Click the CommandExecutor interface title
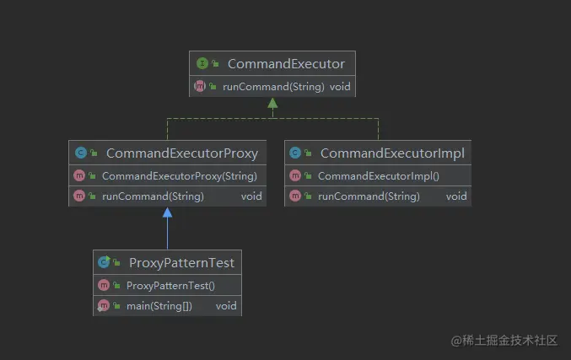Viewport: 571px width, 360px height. (286, 64)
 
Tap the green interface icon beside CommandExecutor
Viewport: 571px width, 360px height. (202, 63)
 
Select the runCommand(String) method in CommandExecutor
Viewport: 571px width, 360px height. (273, 87)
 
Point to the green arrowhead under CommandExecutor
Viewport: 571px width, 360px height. (272, 104)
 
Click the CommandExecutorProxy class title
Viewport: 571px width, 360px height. (182, 153)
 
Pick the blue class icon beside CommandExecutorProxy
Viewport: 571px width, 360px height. (81, 153)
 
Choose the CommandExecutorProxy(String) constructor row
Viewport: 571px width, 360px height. (179, 176)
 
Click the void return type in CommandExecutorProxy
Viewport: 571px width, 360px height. (251, 196)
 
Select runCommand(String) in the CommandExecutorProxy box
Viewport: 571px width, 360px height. (153, 196)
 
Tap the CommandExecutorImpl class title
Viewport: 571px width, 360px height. (392, 153)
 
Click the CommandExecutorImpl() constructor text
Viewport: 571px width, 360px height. (379, 176)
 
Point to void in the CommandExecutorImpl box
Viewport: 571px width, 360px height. (456, 196)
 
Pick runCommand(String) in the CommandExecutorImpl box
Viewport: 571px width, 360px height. (369, 196)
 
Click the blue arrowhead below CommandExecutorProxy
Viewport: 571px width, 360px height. (168, 212)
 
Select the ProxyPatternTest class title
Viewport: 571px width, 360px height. (181, 263)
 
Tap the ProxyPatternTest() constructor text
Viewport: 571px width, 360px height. (170, 286)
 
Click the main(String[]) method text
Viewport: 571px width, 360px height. (159, 306)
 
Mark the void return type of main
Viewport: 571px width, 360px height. (226, 306)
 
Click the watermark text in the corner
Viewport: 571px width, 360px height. (504, 341)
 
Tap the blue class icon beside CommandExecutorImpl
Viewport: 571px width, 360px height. (295, 153)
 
